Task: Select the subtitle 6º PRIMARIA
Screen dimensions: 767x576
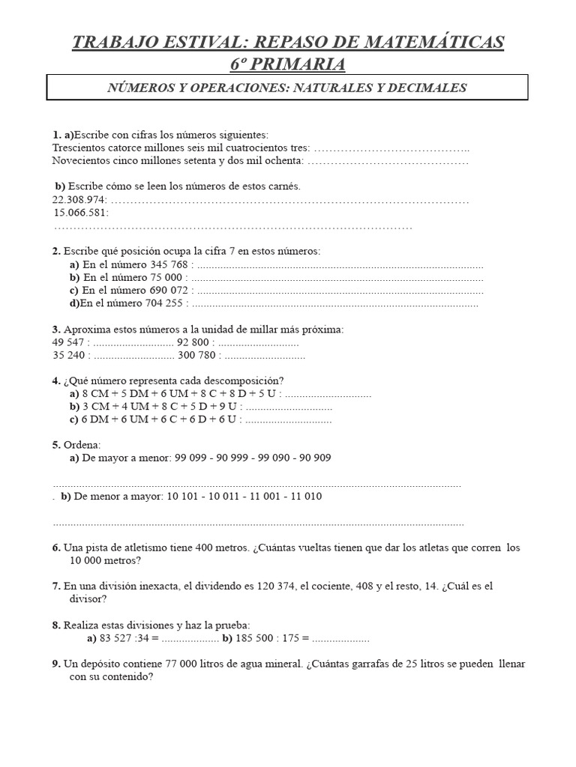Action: point(288,64)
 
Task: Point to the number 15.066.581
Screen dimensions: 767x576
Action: point(81,213)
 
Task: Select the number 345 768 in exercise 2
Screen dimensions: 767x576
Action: point(169,264)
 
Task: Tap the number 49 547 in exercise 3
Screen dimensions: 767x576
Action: point(69,342)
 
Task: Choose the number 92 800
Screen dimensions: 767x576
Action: point(193,342)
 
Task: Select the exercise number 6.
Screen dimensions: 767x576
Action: point(56,548)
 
